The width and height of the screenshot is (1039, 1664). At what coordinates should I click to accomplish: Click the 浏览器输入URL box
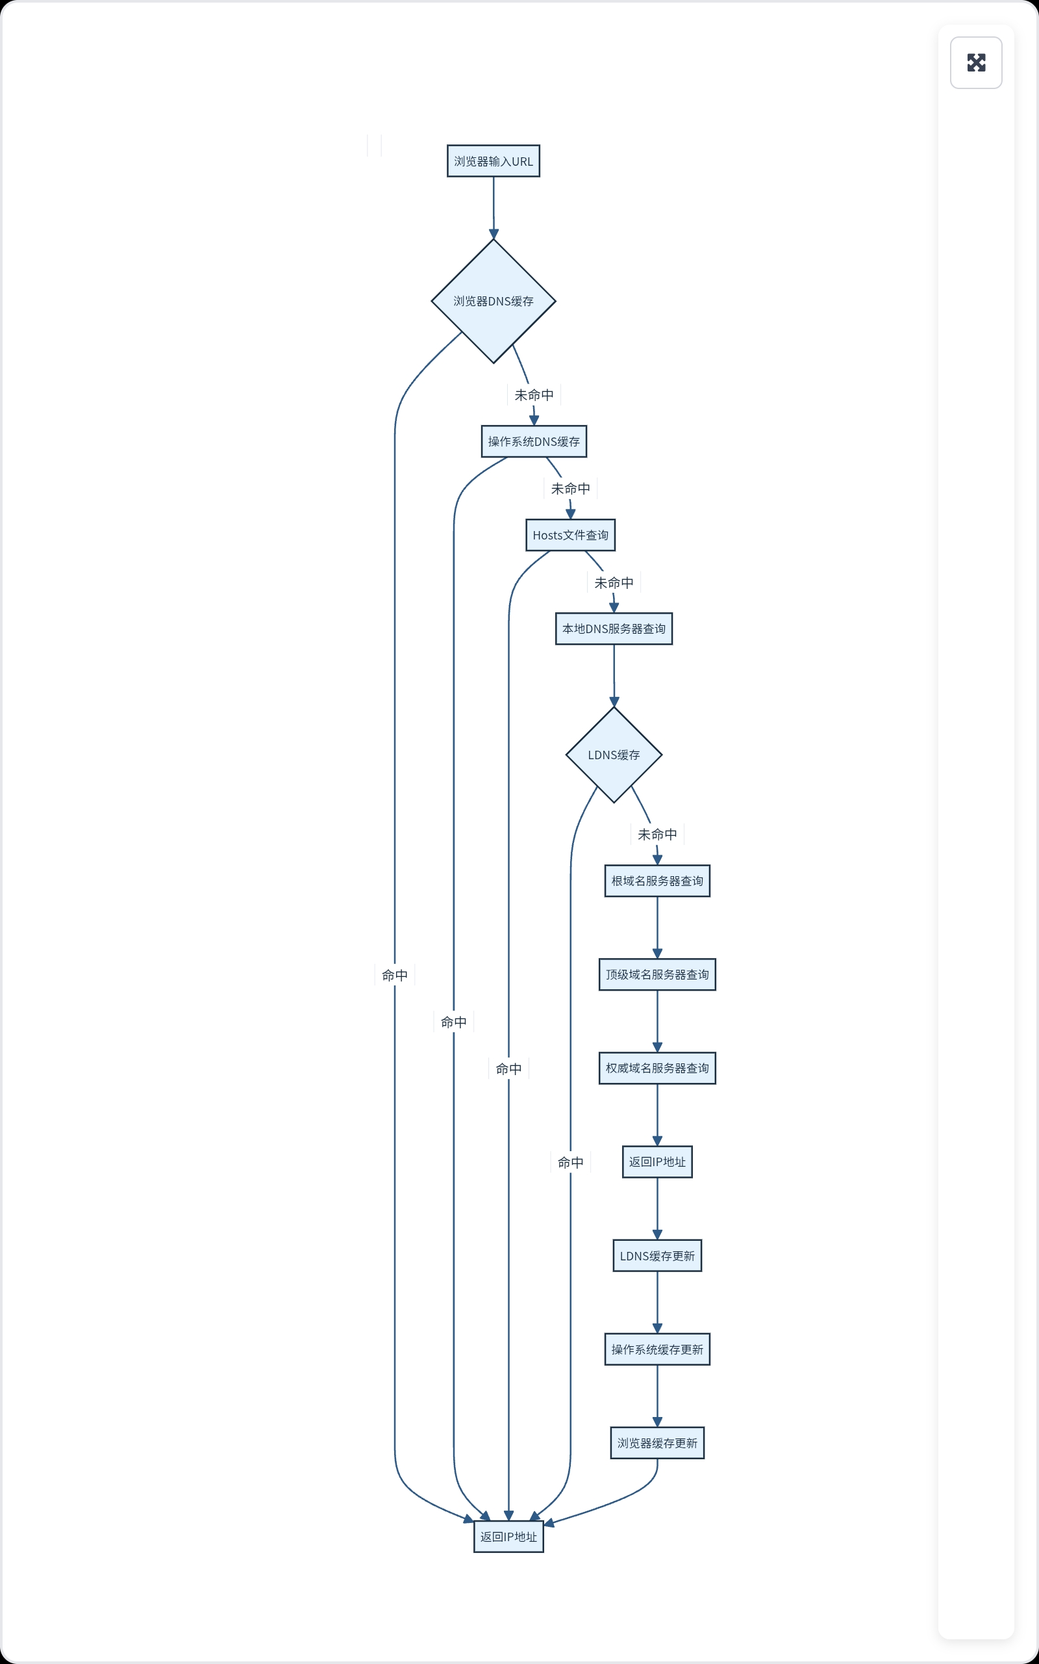click(493, 161)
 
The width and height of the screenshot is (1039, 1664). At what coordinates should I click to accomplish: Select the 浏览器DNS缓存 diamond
click(493, 301)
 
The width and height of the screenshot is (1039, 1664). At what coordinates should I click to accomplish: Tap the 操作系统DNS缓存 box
click(533, 441)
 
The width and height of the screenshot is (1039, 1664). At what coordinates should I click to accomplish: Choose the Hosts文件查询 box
click(570, 535)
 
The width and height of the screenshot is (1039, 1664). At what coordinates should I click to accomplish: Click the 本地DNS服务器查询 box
click(613, 629)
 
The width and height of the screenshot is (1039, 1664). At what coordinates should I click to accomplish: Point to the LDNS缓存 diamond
click(613, 755)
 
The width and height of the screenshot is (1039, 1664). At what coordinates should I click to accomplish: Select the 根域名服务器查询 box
click(657, 881)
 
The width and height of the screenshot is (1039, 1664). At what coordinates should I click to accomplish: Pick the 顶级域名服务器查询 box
click(657, 974)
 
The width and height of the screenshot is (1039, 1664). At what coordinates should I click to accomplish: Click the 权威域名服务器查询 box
click(657, 1068)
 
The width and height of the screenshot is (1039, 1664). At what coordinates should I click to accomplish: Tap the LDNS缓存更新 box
click(657, 1256)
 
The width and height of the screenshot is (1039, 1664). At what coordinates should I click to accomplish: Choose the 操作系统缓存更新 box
click(657, 1349)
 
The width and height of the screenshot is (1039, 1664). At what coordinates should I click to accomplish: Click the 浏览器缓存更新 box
click(657, 1442)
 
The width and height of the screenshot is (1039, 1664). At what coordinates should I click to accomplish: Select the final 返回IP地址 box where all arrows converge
click(508, 1537)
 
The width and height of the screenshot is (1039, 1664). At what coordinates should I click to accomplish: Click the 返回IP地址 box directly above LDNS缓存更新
click(657, 1162)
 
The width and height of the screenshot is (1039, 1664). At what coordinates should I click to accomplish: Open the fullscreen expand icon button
click(975, 62)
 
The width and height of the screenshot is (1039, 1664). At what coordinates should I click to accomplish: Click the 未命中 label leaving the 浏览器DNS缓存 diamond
click(533, 395)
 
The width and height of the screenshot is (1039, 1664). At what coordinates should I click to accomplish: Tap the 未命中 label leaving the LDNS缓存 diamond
click(657, 834)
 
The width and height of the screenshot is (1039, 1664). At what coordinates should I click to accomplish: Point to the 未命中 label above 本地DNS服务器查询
click(613, 582)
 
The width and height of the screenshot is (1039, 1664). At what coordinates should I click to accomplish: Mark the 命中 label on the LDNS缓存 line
click(570, 1162)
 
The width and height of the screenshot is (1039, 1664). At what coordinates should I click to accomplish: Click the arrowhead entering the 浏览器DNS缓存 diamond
click(493, 234)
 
